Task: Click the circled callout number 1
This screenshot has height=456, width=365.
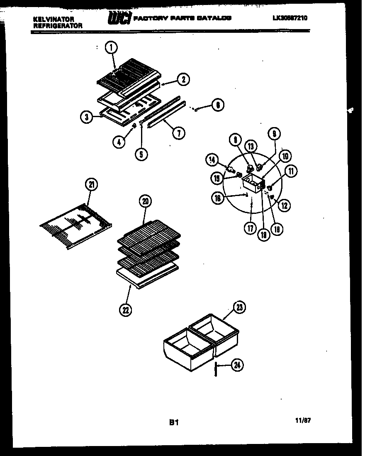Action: coord(110,49)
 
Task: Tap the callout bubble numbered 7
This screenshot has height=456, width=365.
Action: coord(179,133)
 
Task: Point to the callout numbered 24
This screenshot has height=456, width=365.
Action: coord(237,365)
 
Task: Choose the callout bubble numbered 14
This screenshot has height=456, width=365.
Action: coord(212,159)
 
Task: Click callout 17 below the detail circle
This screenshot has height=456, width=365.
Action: coord(250,228)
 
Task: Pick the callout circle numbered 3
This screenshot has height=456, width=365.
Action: coord(86,118)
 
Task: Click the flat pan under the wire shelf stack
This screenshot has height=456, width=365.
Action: coord(147,277)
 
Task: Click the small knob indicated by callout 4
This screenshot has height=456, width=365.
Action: coord(134,126)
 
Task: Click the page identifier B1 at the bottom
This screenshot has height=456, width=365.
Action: coord(173,423)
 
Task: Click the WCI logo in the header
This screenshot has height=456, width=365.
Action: coord(119,18)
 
